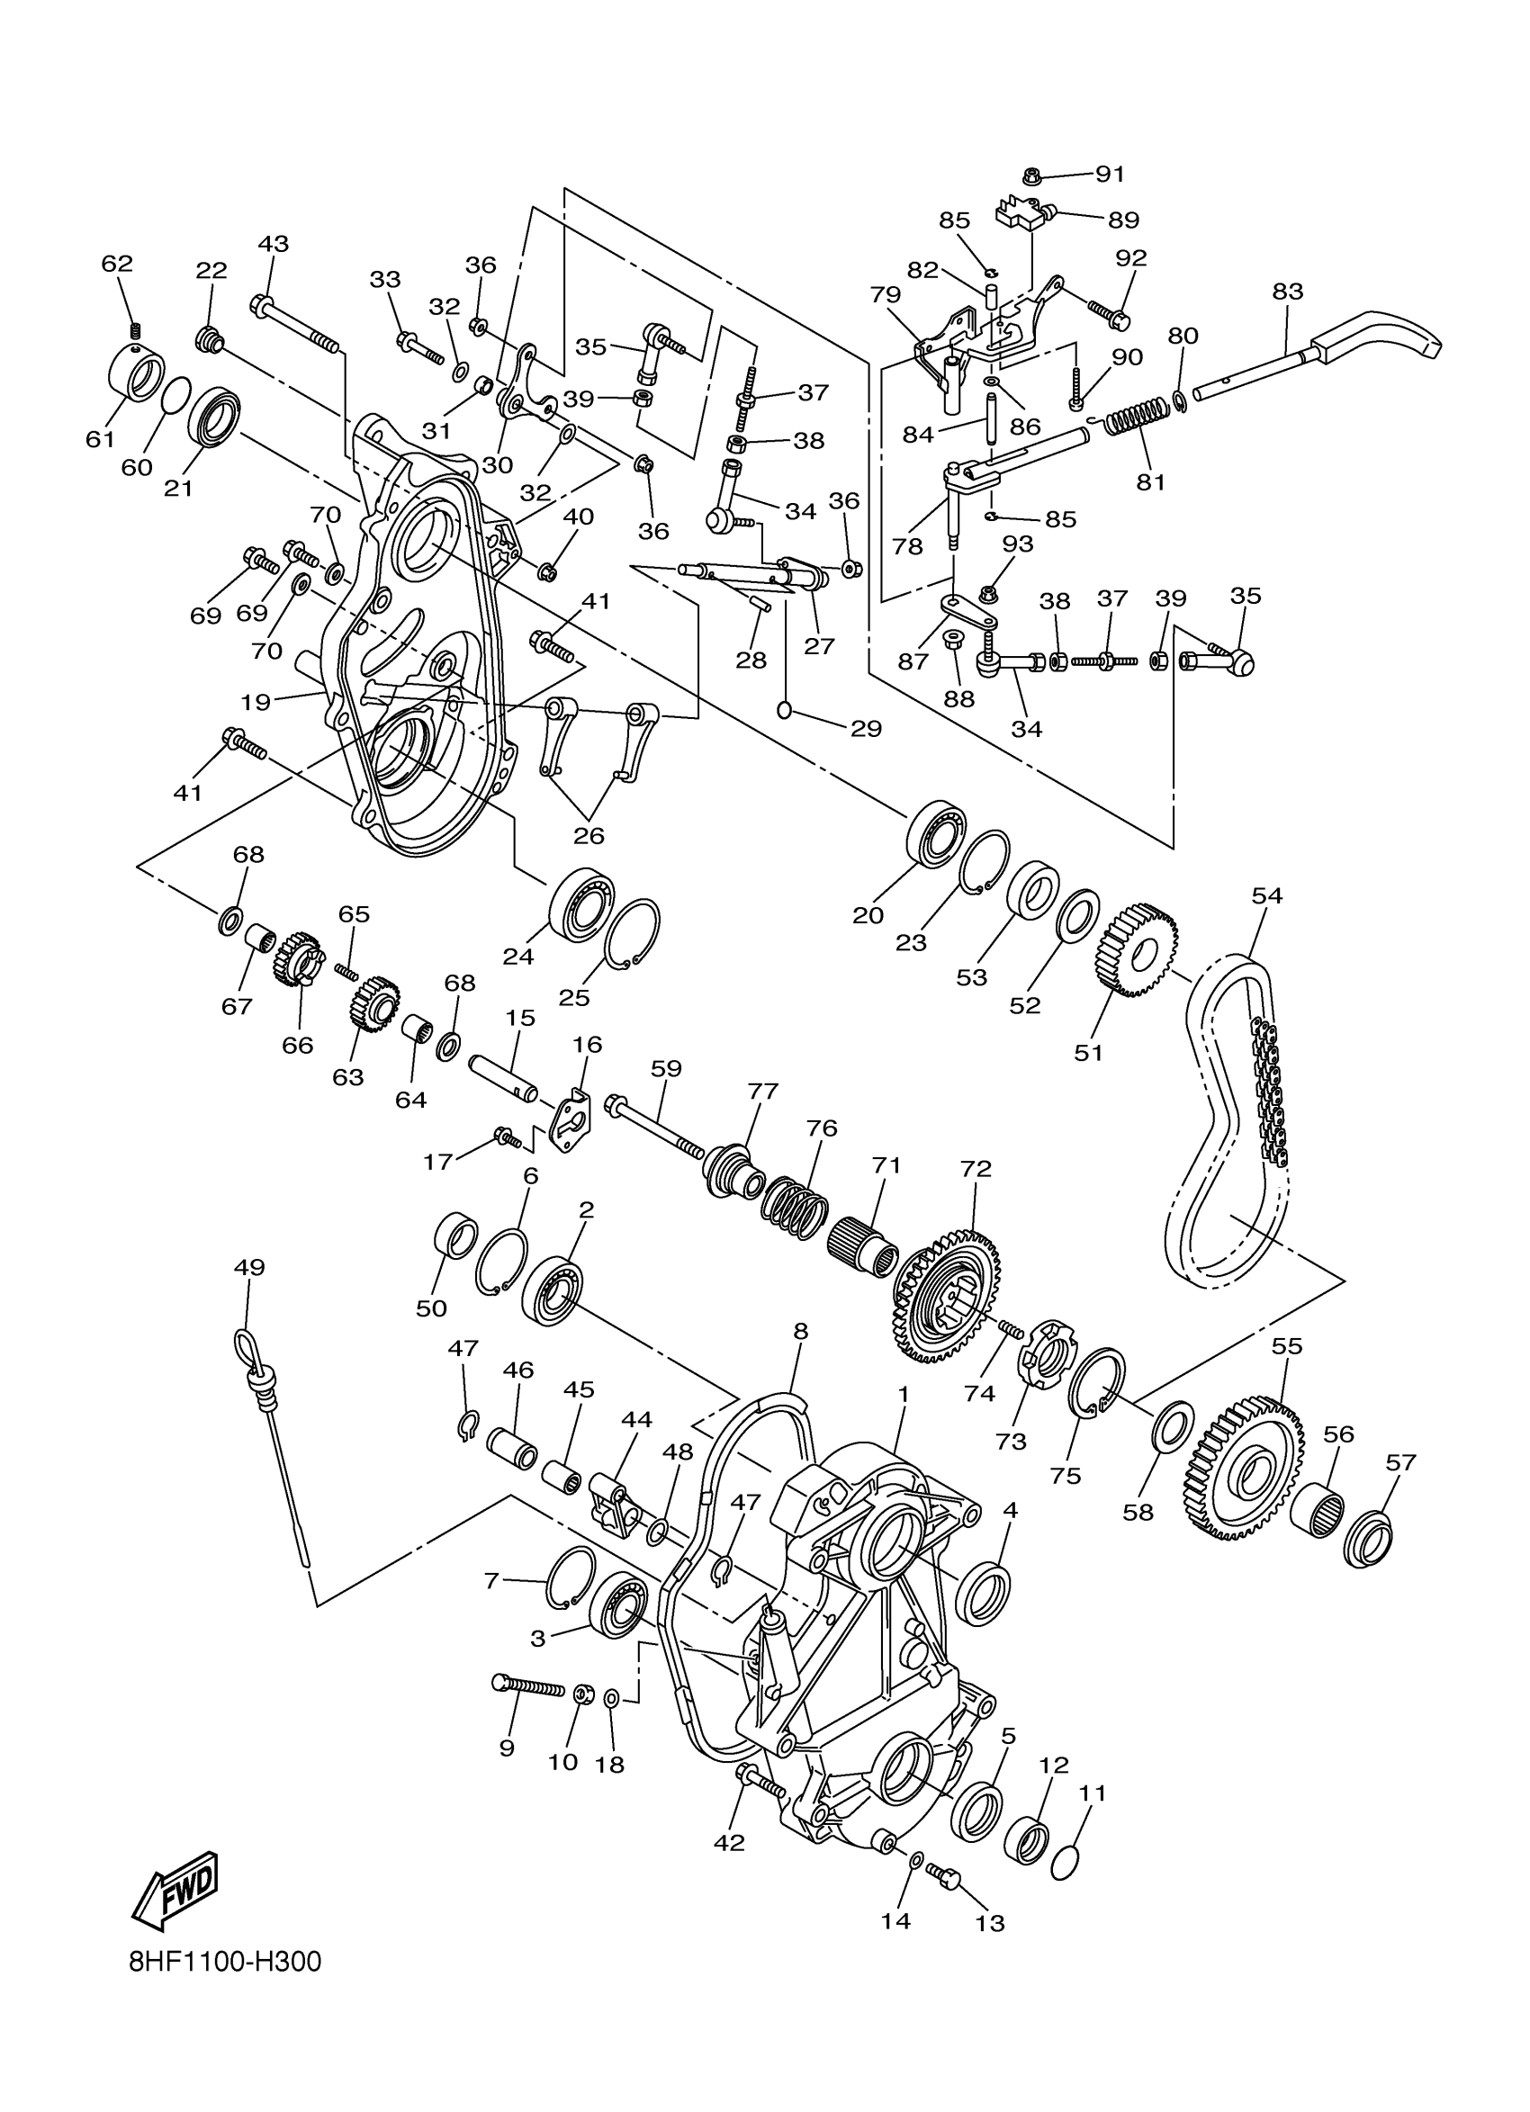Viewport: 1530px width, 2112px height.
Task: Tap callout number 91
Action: click(x=1109, y=175)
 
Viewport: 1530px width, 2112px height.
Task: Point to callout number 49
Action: click(x=249, y=1267)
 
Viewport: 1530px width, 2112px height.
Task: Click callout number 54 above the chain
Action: click(x=1266, y=896)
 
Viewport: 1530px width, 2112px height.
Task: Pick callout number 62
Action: click(x=117, y=264)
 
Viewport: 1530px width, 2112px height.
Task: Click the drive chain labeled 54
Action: click(x=1228, y=1118)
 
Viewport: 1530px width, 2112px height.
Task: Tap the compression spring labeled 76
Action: click(x=795, y=1209)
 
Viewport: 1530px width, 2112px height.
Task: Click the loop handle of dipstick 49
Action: click(x=247, y=1344)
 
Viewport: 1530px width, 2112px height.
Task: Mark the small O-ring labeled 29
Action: click(x=784, y=711)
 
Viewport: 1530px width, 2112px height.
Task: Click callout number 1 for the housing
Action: click(x=903, y=1394)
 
